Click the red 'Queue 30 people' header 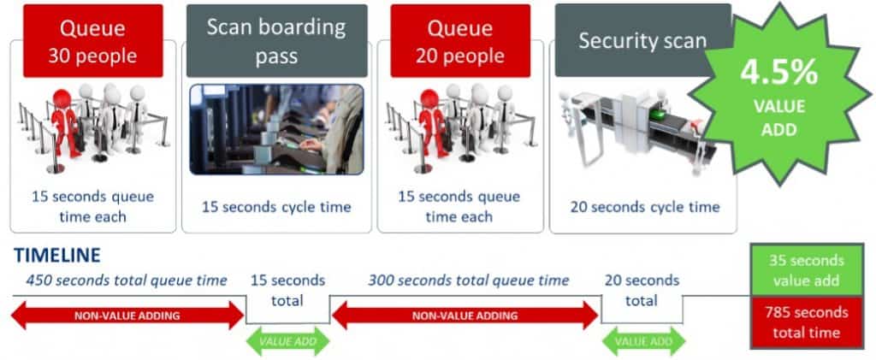[x=92, y=41]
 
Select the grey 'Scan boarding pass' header [x=276, y=41]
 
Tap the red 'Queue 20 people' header [x=460, y=41]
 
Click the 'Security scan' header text [x=642, y=41]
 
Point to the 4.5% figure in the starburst [x=778, y=73]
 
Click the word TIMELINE [x=57, y=255]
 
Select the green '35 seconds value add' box [x=806, y=270]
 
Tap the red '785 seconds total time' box [x=806, y=322]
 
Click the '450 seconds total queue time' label [x=127, y=280]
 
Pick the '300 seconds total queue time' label [x=468, y=280]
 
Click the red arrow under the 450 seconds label [x=127, y=316]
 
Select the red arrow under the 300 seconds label [x=465, y=316]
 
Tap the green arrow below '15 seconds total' [x=287, y=341]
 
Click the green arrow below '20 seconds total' [x=643, y=341]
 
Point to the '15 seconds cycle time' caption [x=276, y=207]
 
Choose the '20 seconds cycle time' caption [x=645, y=207]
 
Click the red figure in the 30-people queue [x=64, y=124]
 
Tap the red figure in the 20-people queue [x=431, y=124]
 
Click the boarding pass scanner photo [x=276, y=129]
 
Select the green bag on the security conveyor [x=658, y=115]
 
